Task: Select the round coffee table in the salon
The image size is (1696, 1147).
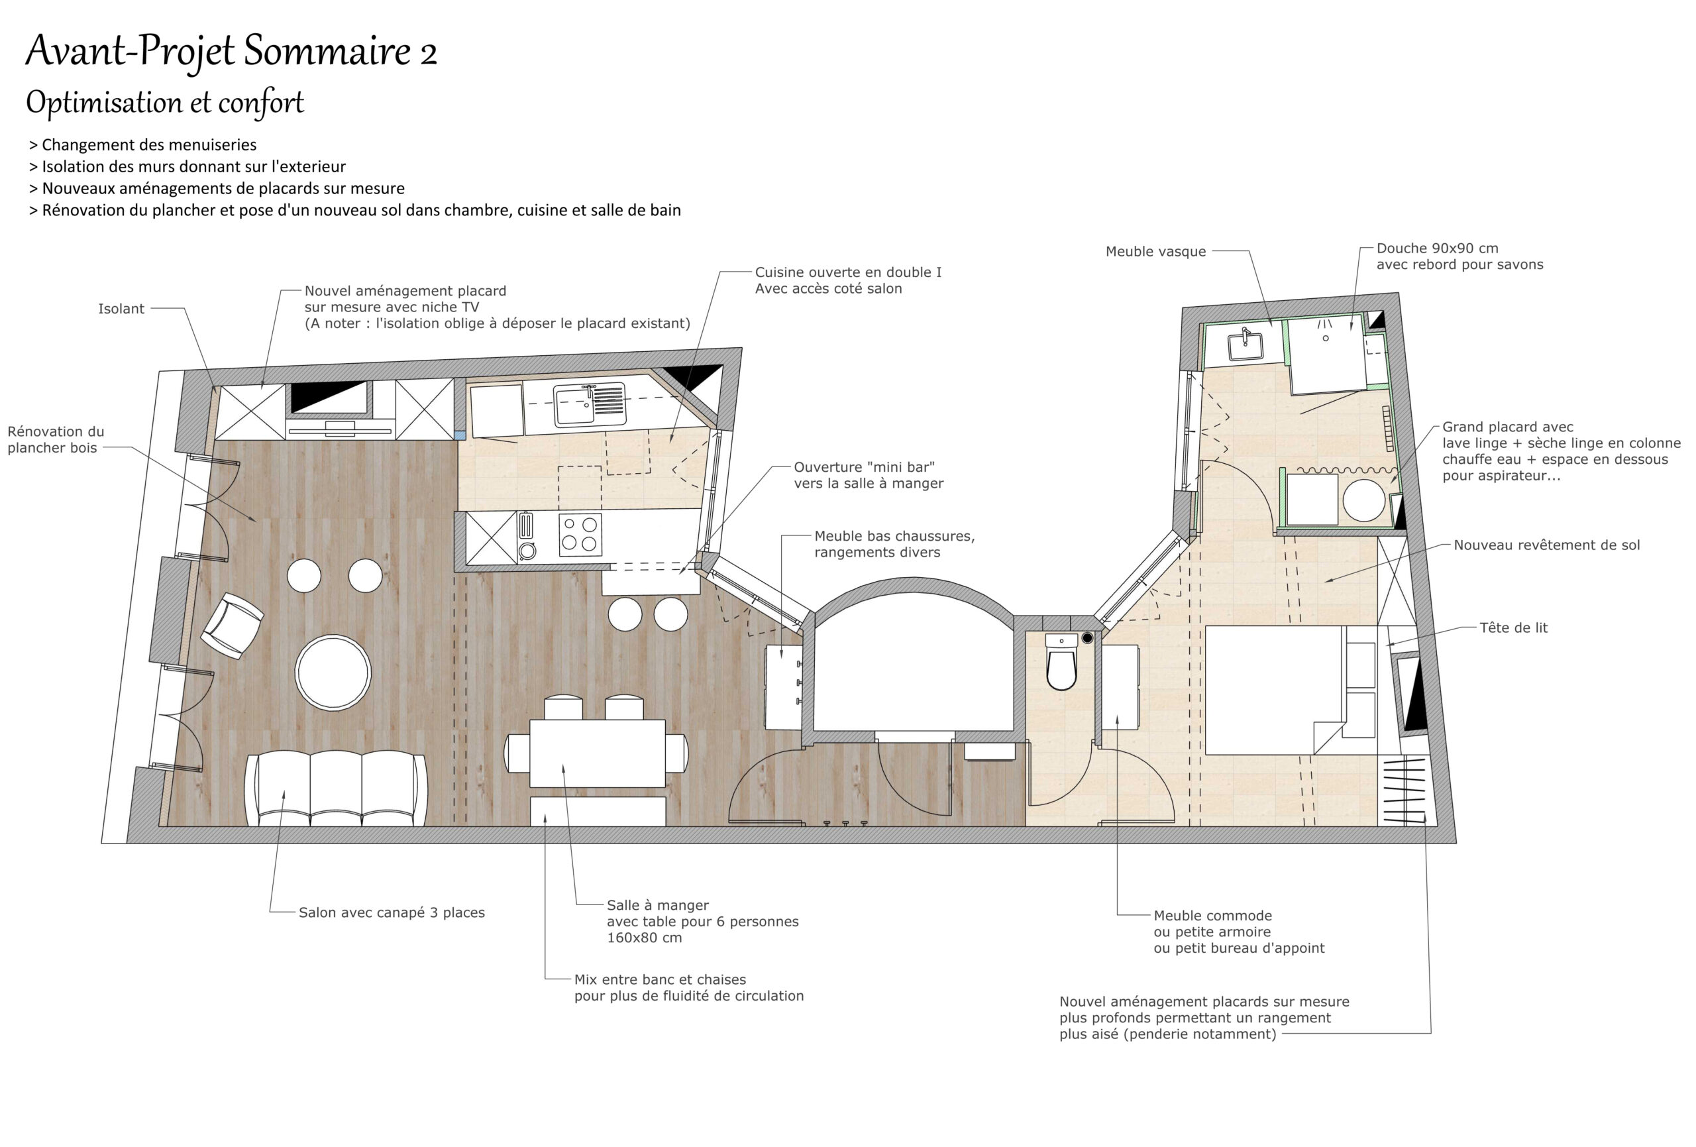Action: click(x=333, y=673)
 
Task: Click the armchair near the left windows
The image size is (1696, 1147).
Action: click(x=232, y=626)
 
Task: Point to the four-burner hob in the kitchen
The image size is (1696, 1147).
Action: click(x=580, y=535)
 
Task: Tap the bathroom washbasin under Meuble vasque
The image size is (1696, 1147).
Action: click(x=1246, y=345)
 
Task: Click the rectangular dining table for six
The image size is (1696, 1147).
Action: click(x=597, y=753)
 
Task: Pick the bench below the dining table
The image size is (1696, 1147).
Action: click(x=597, y=811)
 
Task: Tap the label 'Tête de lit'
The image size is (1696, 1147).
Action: click(x=1513, y=628)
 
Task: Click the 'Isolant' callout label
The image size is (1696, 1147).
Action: click(x=121, y=309)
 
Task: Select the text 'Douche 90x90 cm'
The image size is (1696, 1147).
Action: click(x=1437, y=248)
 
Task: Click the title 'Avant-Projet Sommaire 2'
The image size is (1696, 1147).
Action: click(x=231, y=51)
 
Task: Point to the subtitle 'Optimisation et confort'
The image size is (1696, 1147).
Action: click(x=165, y=102)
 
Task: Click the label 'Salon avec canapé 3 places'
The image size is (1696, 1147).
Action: click(x=392, y=912)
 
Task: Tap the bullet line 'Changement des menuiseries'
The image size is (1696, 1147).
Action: click(x=143, y=144)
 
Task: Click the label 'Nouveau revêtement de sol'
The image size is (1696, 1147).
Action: click(x=1546, y=545)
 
